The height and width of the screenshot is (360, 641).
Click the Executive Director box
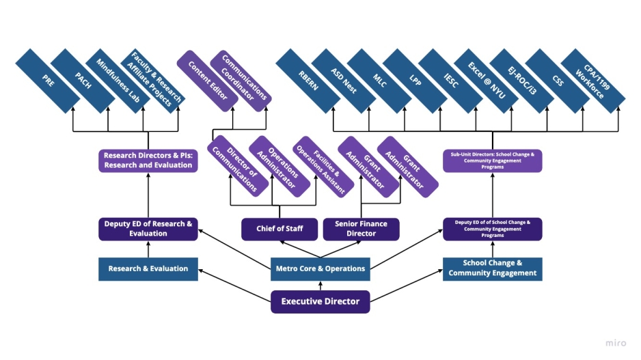point(320,301)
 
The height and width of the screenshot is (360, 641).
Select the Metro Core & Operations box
point(320,268)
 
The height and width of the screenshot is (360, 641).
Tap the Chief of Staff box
point(280,229)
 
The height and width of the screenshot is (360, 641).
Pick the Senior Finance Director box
point(361,229)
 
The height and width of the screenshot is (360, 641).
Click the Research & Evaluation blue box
point(148,268)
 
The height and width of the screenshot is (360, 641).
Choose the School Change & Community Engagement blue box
point(492,268)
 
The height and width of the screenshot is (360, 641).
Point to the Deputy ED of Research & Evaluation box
point(148,229)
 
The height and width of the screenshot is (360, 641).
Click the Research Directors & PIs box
point(148,161)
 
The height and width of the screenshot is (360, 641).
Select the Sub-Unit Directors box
point(492,161)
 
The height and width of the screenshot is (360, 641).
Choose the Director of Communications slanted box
point(237,166)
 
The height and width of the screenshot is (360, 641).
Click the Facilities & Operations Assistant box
point(320,166)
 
